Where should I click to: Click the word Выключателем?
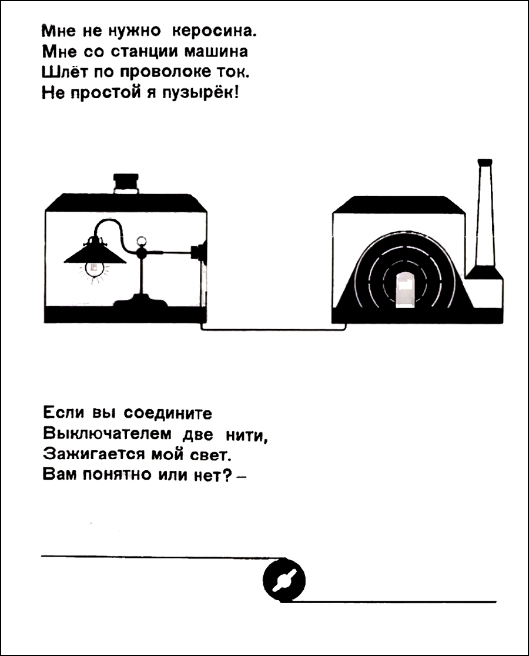107,434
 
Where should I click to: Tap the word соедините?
168,413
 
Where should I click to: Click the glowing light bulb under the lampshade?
94,269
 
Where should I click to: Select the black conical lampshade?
95,253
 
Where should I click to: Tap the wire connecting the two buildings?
274,330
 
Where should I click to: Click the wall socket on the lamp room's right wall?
197,253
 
